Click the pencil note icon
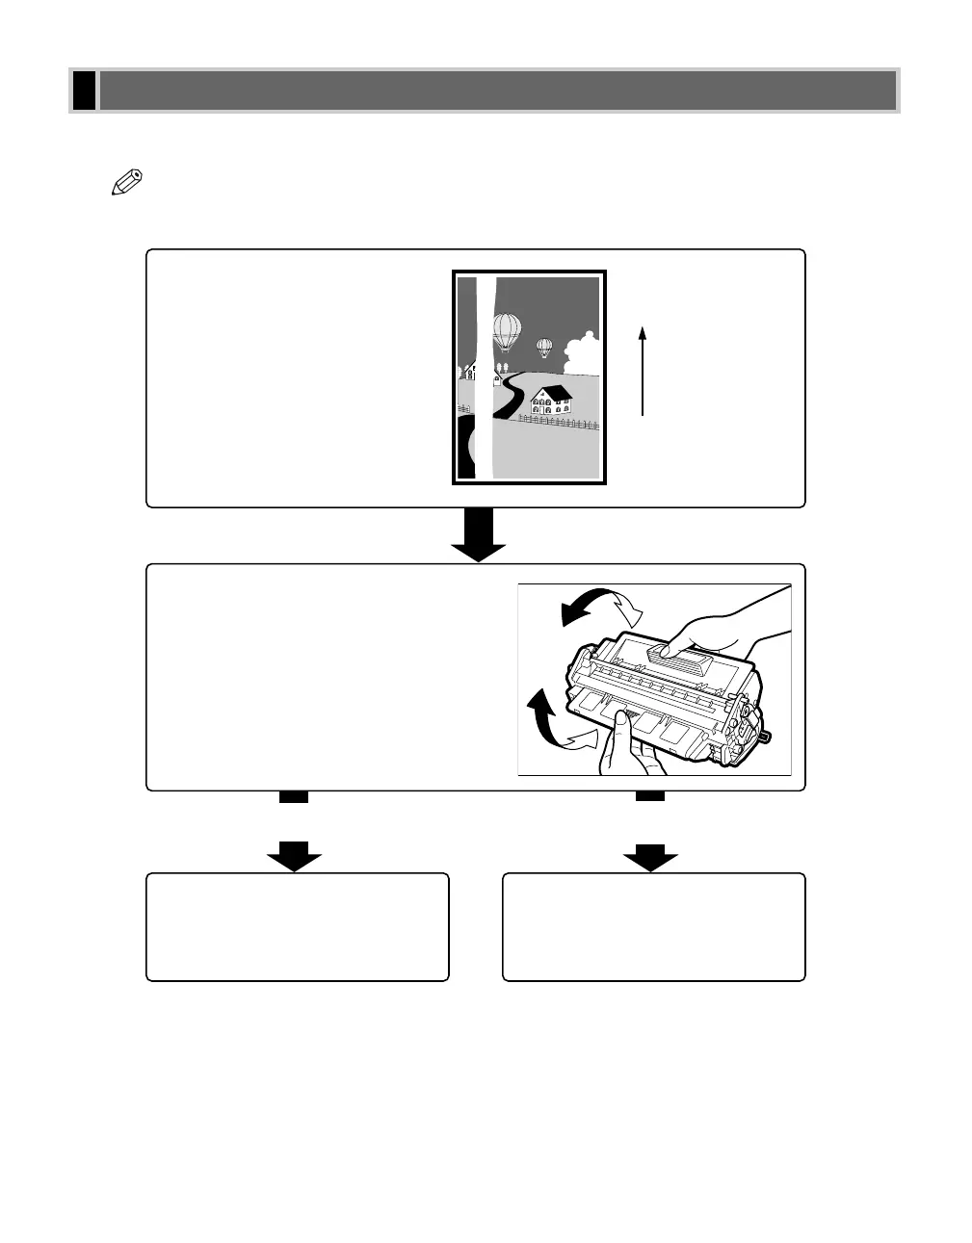(x=126, y=183)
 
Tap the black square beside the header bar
(x=84, y=91)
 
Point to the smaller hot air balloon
(x=545, y=347)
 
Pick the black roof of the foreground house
(x=551, y=392)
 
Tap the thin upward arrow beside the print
(x=643, y=371)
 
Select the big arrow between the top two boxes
(x=478, y=534)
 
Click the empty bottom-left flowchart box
(x=297, y=926)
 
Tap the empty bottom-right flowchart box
(x=653, y=926)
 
